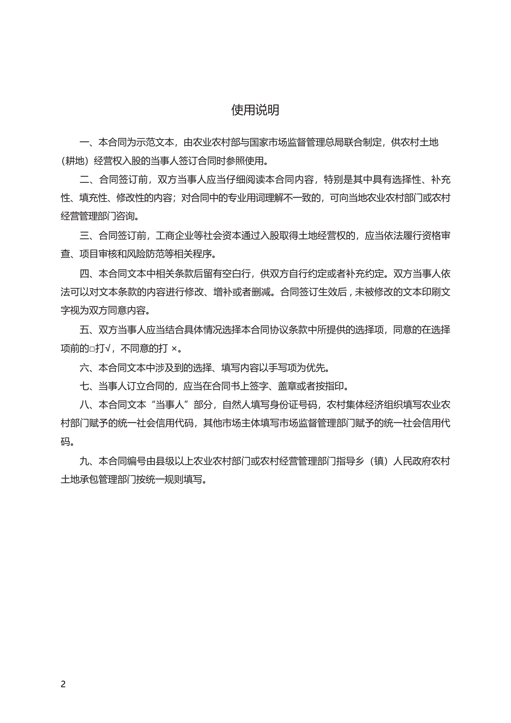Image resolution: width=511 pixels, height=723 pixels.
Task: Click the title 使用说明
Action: [x=255, y=110]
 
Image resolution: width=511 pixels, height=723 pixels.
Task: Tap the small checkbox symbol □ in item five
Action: [x=92, y=349]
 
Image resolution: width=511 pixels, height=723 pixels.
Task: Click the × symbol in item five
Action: [x=174, y=349]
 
